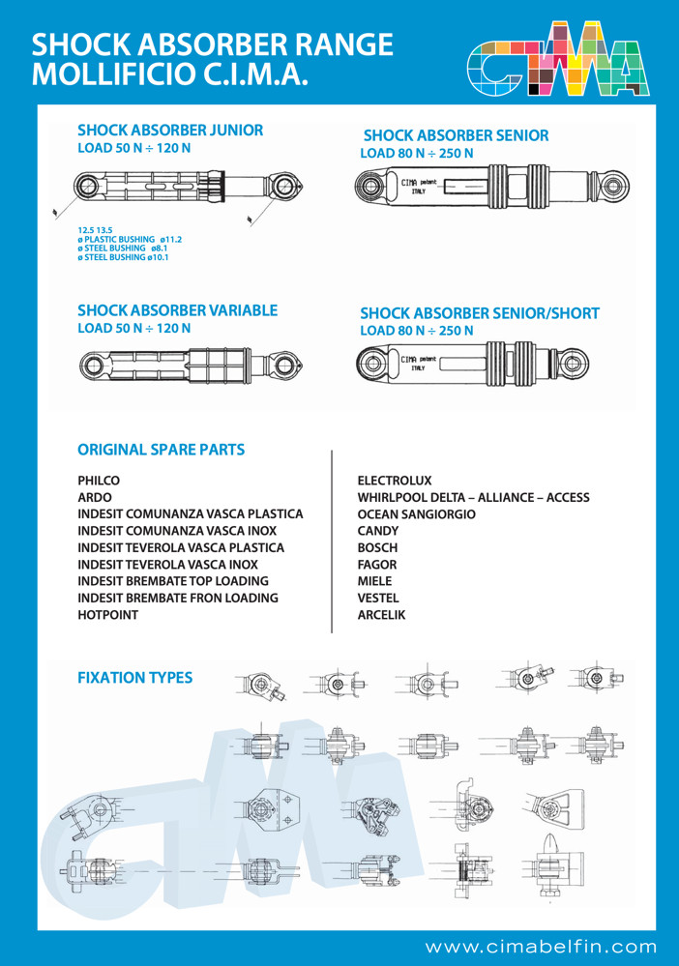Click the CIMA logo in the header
[x=555, y=60]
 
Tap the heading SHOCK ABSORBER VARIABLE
[x=177, y=310]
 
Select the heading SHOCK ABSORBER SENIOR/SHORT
[x=479, y=313]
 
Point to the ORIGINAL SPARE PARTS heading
[x=161, y=450]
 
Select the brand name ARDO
[x=95, y=497]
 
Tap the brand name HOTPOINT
[x=107, y=615]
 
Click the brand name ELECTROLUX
[x=395, y=480]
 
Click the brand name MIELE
[x=375, y=581]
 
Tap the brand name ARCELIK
[x=382, y=615]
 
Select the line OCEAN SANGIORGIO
[x=416, y=514]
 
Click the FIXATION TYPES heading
[x=134, y=678]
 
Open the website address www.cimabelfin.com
[x=541, y=946]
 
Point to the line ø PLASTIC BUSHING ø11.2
[x=130, y=239]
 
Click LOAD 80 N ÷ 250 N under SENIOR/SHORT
[x=416, y=331]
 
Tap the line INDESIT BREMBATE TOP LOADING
[x=172, y=581]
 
